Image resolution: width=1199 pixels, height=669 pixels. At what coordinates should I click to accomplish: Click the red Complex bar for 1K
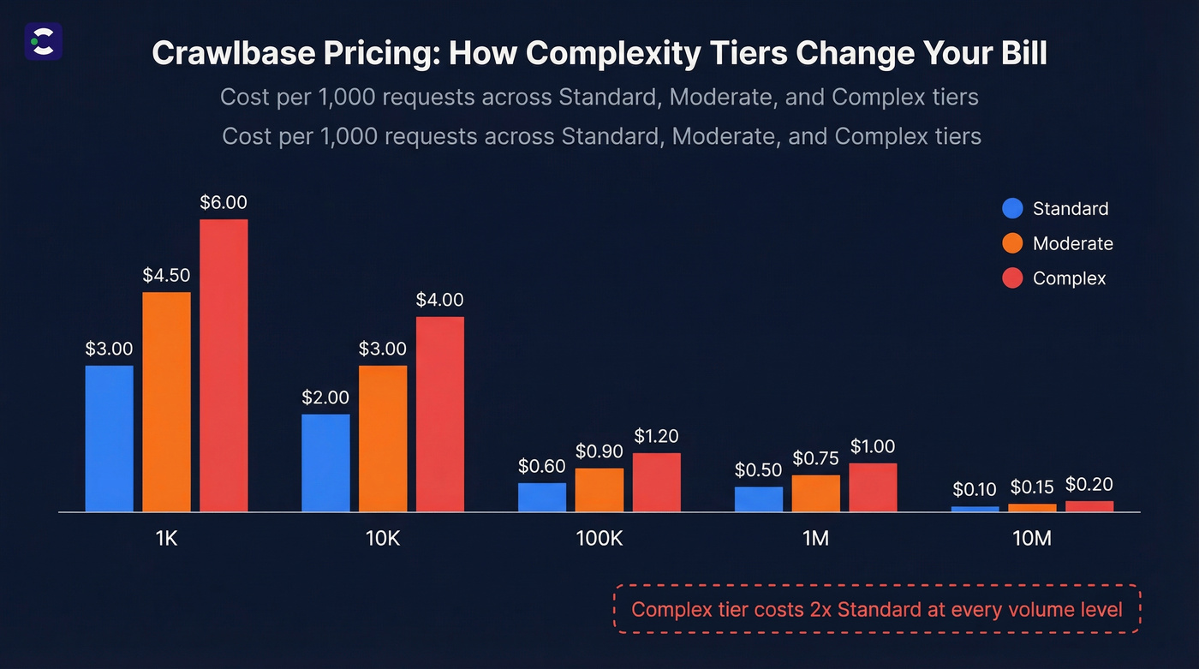224,366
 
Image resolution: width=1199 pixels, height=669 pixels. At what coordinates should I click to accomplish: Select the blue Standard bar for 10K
325,463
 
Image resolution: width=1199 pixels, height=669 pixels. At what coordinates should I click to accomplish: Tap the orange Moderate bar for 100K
599,490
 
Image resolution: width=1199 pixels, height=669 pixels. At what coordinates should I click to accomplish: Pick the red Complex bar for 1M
873,487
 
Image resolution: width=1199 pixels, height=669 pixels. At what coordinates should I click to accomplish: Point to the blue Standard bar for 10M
975,509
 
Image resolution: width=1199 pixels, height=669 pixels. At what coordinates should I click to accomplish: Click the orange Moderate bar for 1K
166,402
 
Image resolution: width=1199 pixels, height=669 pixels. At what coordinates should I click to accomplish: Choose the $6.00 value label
224,203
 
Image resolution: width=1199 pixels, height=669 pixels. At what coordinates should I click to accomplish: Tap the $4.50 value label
166,276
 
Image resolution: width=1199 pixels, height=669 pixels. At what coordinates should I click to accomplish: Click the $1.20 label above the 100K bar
657,436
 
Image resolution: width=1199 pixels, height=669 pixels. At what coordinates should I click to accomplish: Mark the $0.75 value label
815,458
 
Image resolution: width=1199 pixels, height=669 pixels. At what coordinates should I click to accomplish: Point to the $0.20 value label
1089,484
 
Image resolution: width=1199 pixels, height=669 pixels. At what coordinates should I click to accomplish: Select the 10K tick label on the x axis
382,540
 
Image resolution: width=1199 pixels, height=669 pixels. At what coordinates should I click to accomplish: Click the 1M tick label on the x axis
815,540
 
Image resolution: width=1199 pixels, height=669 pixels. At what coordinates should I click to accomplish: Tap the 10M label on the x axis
1031,540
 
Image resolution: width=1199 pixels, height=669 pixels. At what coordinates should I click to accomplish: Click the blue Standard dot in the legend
1012,208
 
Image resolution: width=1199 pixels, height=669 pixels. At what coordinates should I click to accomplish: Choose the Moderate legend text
1072,243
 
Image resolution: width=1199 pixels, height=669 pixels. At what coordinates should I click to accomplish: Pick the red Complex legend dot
1012,278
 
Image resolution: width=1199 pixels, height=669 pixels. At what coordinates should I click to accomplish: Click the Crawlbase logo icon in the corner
43,40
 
